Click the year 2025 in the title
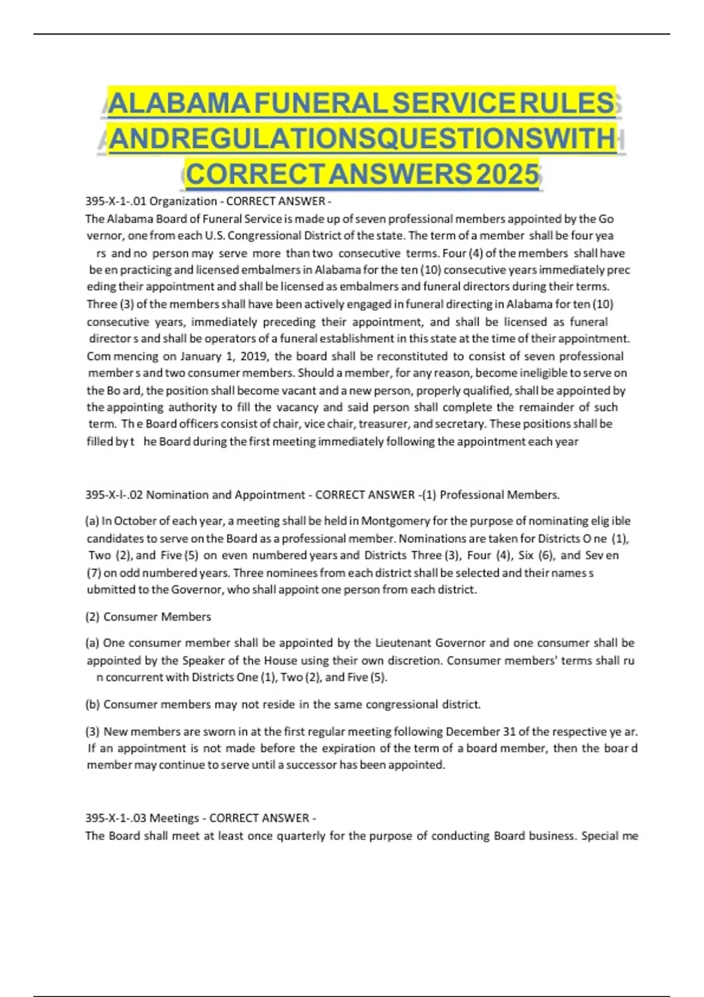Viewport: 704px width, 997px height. point(507,174)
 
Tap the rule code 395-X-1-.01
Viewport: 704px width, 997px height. point(116,201)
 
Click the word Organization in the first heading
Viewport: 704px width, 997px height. point(183,201)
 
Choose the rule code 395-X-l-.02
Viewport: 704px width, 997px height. point(114,494)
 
